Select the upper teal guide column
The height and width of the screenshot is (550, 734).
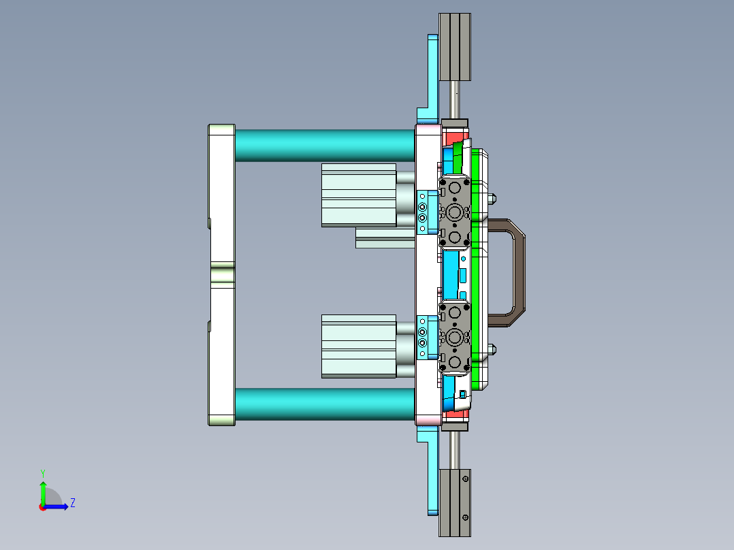(324, 145)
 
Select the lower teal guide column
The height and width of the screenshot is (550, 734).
(324, 404)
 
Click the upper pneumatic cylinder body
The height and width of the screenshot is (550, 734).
(358, 195)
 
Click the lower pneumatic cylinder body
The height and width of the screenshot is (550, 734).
(358, 346)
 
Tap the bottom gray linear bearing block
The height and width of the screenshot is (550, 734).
(455, 502)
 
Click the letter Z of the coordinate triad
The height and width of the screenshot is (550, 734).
(72, 503)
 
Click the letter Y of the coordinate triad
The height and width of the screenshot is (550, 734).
(42, 472)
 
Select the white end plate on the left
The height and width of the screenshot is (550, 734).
(221, 275)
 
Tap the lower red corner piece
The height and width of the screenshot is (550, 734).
(450, 413)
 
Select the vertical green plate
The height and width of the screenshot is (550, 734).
(475, 272)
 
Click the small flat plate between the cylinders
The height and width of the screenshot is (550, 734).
(385, 238)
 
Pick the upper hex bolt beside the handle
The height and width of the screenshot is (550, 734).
(491, 199)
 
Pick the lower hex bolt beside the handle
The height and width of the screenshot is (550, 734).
(491, 351)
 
